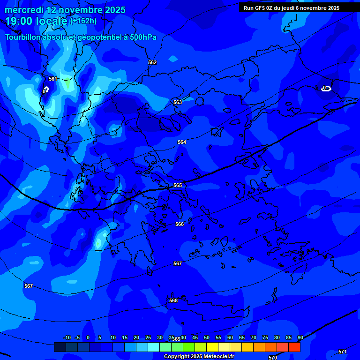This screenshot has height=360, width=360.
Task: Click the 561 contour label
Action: tap(53, 79)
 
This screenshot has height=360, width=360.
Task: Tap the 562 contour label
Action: tap(152, 62)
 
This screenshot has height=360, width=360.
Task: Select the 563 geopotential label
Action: tap(178, 102)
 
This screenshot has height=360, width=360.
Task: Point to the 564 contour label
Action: tap(182, 142)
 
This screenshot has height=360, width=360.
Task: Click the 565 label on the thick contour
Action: tap(178, 186)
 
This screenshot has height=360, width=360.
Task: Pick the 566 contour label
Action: tap(180, 225)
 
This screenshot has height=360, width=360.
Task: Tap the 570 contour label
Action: tap(273, 358)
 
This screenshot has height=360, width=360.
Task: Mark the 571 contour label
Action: tap(343, 352)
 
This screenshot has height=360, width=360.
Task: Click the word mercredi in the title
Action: tap(23, 10)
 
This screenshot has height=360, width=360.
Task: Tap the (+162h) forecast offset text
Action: tap(83, 21)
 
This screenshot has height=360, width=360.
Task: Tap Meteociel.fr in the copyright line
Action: tap(216, 357)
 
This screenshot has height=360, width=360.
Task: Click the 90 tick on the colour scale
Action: tap(300, 337)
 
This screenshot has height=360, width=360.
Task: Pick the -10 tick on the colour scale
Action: tap(67, 337)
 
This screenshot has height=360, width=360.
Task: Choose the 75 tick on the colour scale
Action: tap(265, 337)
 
